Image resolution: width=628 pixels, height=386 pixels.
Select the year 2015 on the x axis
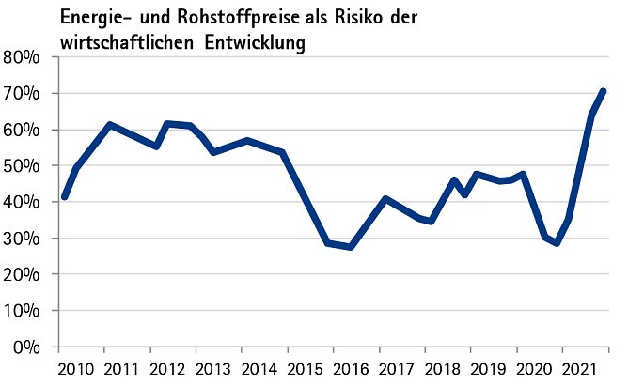305,366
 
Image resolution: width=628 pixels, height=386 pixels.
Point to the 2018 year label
443,366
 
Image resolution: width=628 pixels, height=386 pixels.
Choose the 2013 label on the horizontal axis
212,366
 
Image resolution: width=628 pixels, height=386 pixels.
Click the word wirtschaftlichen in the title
125,42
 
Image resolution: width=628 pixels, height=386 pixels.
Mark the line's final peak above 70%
603,91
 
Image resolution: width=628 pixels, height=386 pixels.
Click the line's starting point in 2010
64,197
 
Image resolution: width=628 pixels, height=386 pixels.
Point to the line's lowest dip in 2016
351,247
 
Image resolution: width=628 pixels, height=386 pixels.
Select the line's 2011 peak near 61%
110,125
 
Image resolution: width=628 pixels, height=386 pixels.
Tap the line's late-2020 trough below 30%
557,243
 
